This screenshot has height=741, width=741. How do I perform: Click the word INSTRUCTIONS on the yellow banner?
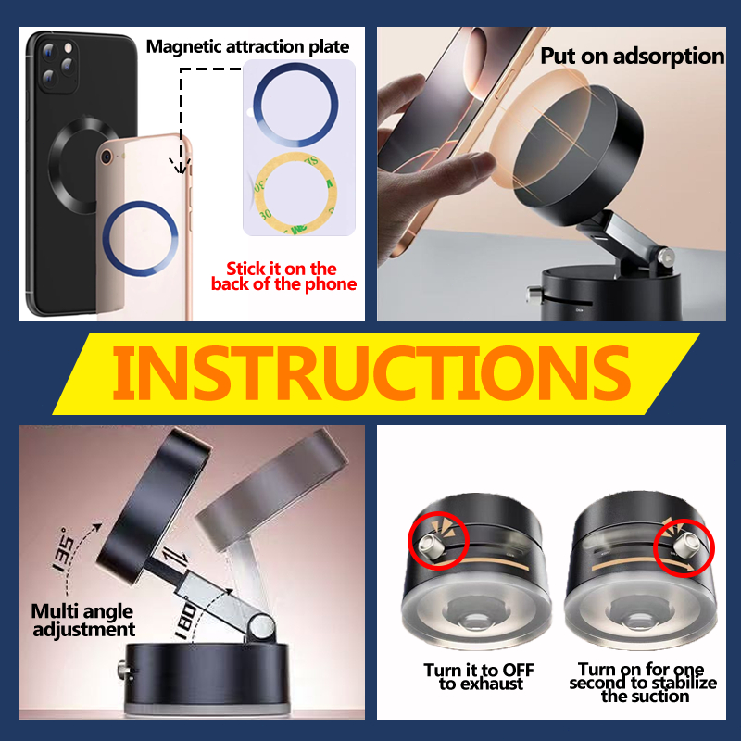(371, 373)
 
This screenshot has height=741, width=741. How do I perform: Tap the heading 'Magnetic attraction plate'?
(247, 47)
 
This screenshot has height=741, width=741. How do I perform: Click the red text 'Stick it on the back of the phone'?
(283, 276)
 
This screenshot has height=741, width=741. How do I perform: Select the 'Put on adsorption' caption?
(633, 57)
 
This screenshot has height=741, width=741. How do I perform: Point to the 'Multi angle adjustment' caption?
(83, 620)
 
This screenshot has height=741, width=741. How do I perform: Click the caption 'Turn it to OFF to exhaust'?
(479, 677)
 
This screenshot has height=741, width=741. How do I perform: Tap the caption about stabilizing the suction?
(643, 683)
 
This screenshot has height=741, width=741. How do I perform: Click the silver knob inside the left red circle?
(431, 548)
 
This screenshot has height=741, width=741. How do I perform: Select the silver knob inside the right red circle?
(686, 545)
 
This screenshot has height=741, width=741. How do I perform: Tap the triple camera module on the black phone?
(58, 64)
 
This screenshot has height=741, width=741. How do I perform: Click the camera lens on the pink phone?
(107, 157)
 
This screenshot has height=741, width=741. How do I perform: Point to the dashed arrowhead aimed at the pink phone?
(180, 167)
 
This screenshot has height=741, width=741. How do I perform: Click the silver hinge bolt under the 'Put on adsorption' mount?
(665, 258)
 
